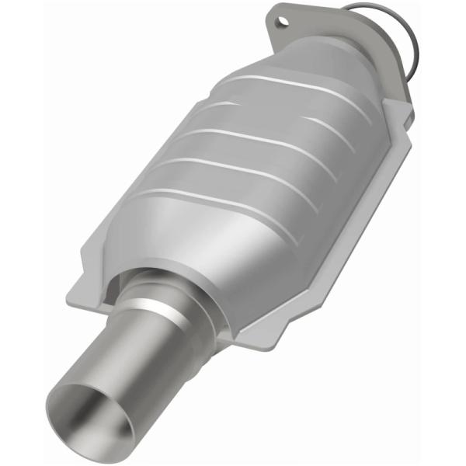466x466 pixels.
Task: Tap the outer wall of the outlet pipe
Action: coord(155,365)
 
